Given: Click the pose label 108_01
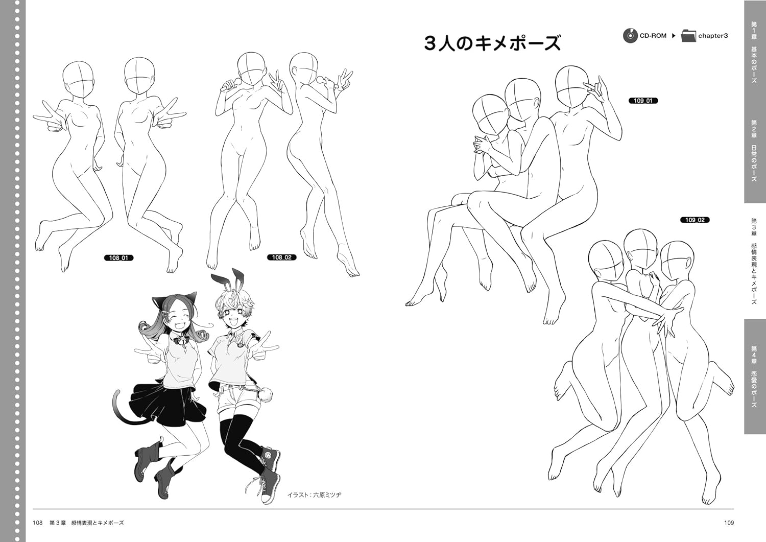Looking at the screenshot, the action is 118,258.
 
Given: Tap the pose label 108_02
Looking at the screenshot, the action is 281,257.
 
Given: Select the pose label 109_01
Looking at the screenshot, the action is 643,101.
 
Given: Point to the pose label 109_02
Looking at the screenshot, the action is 695,220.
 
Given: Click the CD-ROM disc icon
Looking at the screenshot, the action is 630,36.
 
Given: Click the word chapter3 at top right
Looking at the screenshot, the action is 713,36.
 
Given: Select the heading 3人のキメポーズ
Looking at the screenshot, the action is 492,43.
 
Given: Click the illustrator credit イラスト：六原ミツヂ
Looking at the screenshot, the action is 314,495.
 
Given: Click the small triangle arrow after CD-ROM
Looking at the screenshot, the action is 674,36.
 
